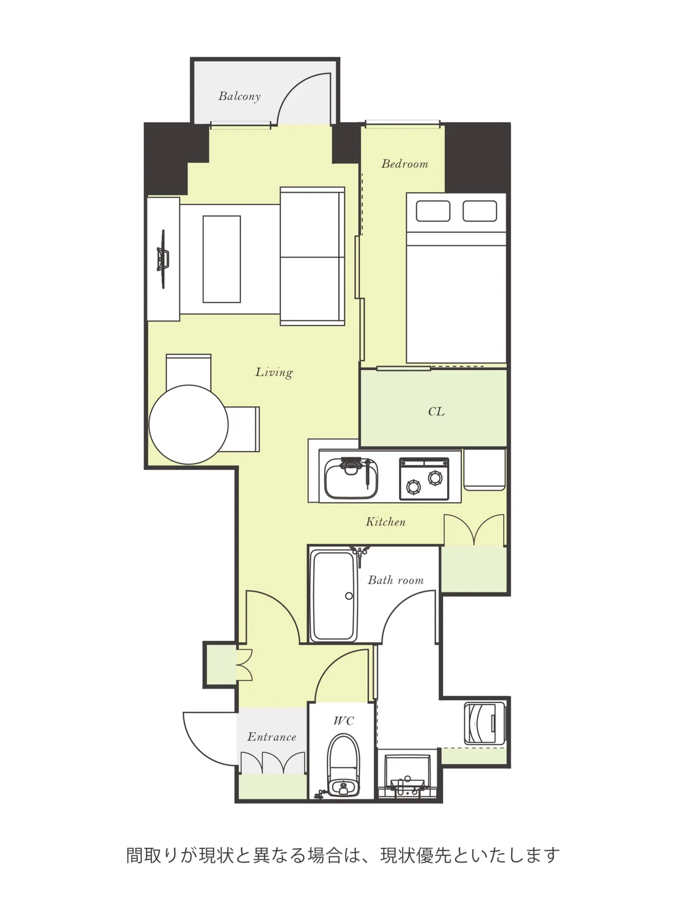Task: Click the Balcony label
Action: click(x=239, y=96)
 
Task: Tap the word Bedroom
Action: click(x=405, y=164)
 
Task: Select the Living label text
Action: click(x=274, y=372)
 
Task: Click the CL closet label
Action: click(x=436, y=411)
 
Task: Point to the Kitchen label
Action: click(x=385, y=522)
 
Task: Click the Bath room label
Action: click(x=396, y=580)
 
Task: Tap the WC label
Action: click(x=343, y=721)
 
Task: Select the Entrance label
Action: click(x=272, y=737)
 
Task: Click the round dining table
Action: click(x=188, y=424)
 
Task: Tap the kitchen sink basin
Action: click(x=351, y=478)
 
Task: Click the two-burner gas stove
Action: click(x=424, y=479)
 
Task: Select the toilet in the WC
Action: click(x=343, y=765)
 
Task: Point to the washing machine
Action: click(x=485, y=724)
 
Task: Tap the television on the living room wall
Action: click(x=163, y=259)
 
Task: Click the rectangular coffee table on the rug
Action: click(x=222, y=259)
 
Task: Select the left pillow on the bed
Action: click(x=432, y=211)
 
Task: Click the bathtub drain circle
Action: click(x=348, y=596)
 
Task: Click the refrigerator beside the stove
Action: click(x=485, y=469)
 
